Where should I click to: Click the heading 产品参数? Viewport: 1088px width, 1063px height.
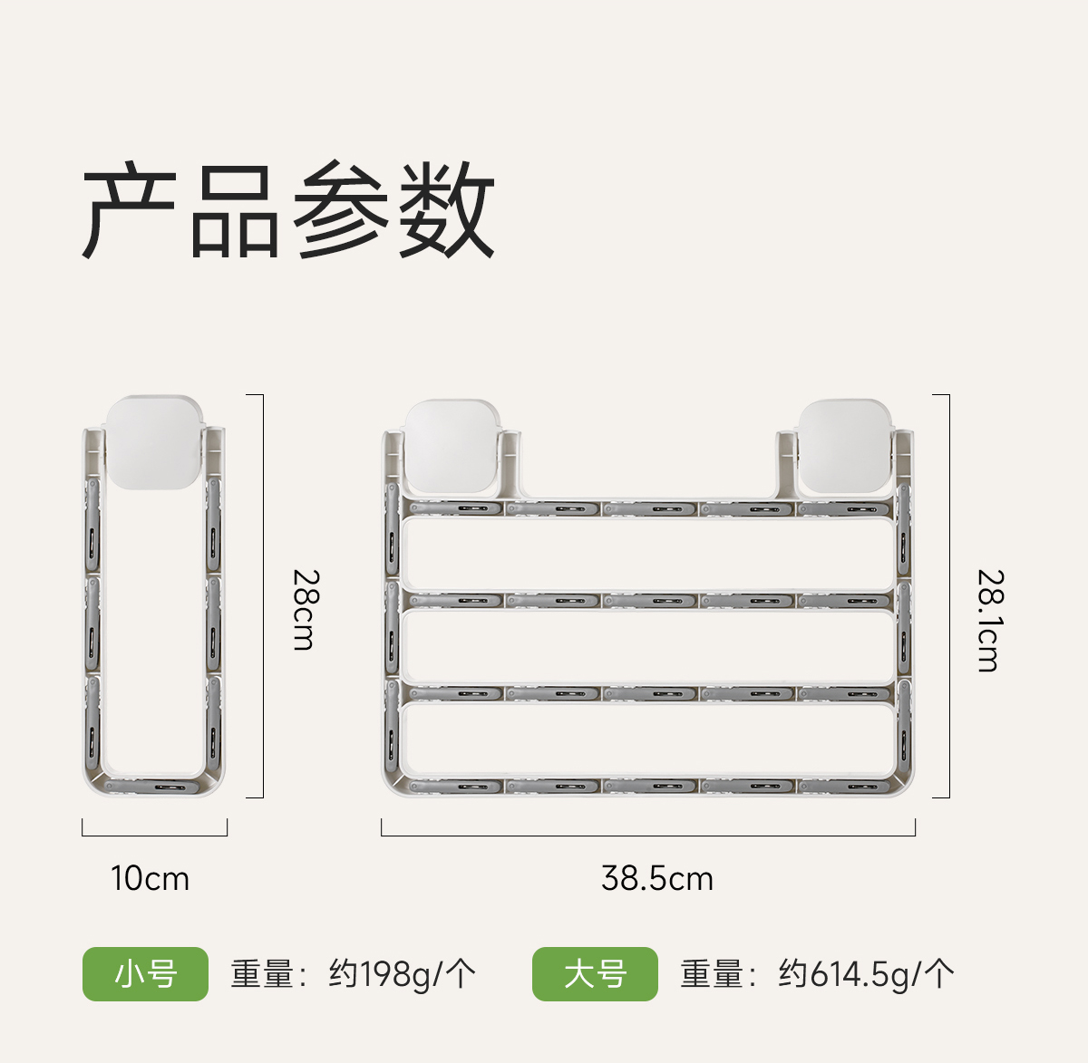coord(288,210)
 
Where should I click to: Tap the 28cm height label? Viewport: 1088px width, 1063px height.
coord(305,609)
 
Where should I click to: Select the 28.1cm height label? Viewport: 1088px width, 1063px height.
coord(989,620)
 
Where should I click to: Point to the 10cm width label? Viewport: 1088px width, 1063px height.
coord(151,878)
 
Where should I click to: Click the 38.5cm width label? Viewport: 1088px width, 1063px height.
coord(657,878)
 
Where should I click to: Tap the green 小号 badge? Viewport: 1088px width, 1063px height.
coord(145,974)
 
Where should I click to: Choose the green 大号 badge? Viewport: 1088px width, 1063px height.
coord(595,974)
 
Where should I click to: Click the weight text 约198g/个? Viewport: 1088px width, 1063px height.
coord(402,974)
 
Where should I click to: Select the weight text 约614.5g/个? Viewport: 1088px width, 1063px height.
coord(866,974)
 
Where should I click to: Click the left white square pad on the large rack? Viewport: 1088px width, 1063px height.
coord(452,446)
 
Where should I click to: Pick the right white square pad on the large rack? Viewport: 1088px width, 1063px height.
coord(845,446)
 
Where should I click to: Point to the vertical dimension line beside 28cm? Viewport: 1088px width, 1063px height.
coord(263,596)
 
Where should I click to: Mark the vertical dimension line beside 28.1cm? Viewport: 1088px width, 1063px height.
coord(949,596)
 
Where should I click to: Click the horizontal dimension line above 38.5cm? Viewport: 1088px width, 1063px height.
coord(648,835)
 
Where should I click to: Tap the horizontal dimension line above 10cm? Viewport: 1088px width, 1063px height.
coord(154,835)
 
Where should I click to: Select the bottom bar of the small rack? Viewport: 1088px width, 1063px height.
coord(155,786)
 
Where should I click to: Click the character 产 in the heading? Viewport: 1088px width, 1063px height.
coord(130,210)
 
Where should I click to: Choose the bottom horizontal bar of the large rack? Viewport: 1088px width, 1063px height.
coord(648,786)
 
